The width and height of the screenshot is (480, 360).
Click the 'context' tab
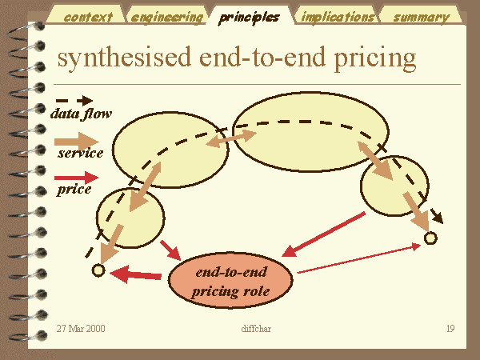(88, 16)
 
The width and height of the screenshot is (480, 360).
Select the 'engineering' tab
(167, 16)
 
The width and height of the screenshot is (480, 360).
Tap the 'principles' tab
(249, 17)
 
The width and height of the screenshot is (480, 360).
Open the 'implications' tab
(338, 16)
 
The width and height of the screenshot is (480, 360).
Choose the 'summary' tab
(422, 17)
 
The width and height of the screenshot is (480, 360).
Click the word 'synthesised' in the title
(124, 58)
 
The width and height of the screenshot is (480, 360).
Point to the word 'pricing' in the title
(375, 58)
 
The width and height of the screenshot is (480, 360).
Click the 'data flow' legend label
(81, 114)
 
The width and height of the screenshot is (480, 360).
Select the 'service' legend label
(81, 153)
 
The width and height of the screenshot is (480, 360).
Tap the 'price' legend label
(74, 189)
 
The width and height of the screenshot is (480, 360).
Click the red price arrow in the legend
(76, 178)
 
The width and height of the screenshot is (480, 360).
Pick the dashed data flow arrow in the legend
(74, 100)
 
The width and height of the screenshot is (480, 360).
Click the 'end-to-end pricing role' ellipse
(231, 281)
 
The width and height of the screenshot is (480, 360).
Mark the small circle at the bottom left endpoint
(98, 270)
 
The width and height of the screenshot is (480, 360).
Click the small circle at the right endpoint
(430, 238)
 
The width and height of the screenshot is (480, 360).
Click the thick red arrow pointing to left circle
(136, 274)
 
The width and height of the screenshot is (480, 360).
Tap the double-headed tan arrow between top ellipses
(231, 138)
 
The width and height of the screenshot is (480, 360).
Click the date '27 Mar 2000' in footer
(81, 329)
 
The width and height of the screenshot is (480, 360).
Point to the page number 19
(450, 329)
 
